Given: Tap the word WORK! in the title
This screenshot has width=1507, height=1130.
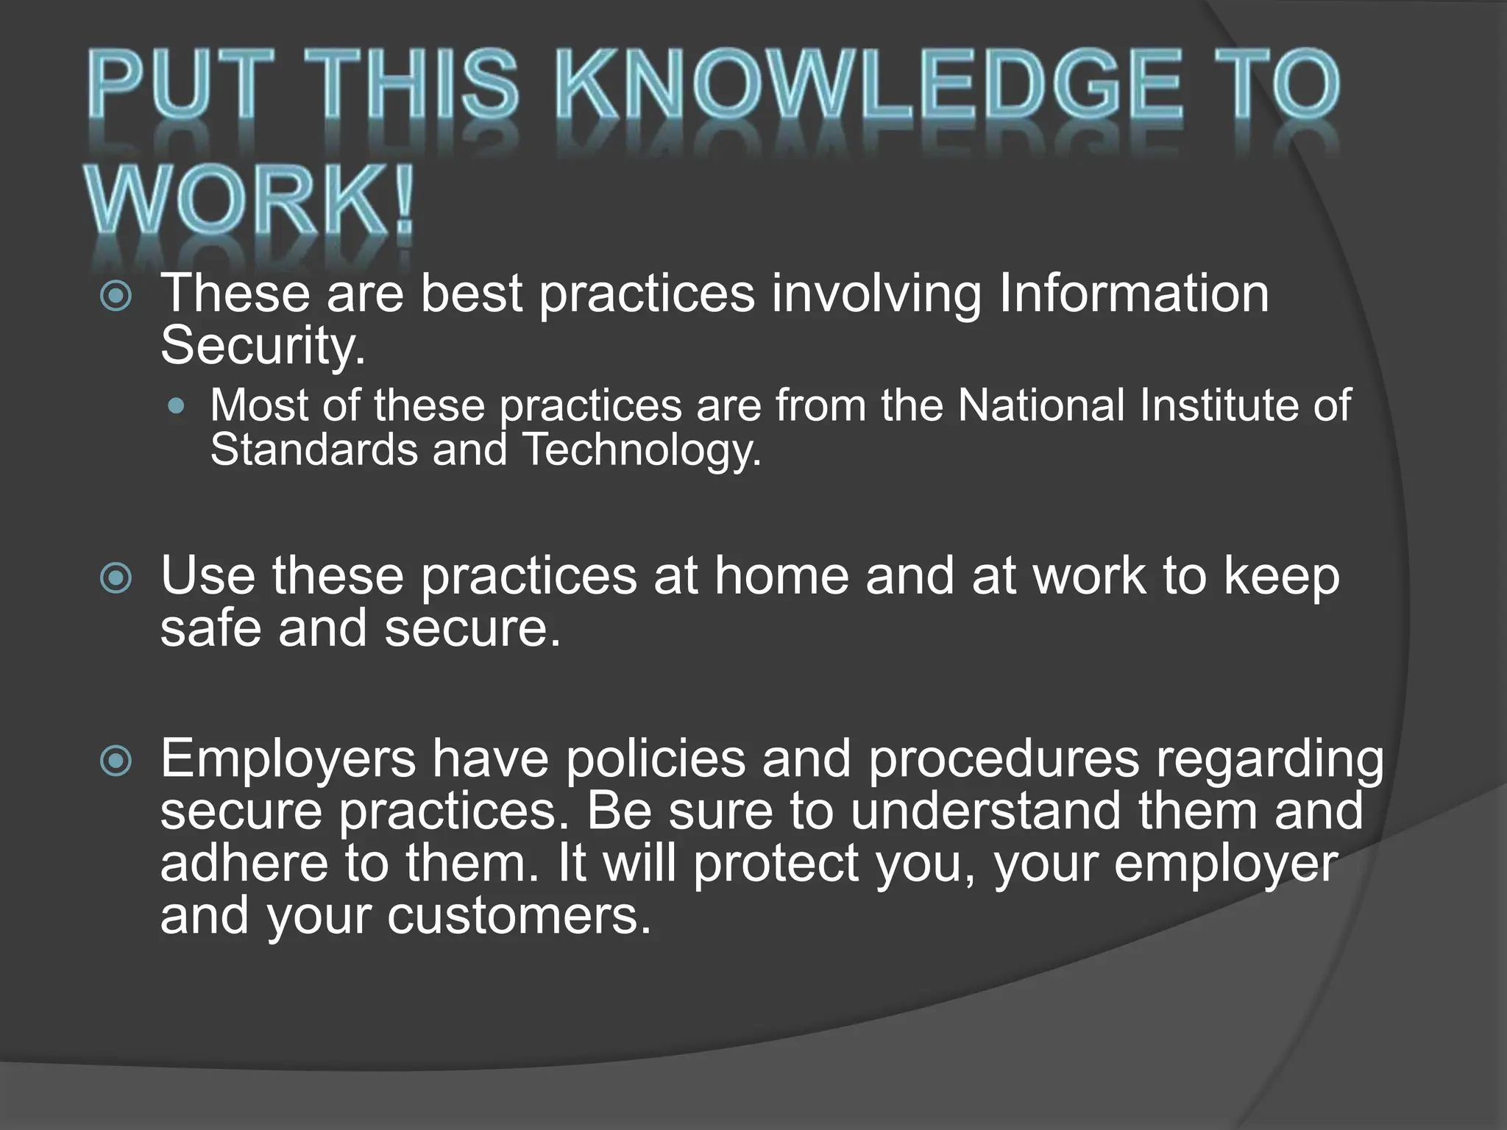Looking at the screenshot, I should coord(250,201).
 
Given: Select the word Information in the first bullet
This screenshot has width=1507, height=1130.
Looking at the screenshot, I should coord(1133,294).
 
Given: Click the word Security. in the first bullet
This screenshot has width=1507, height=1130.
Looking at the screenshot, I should coord(263,346).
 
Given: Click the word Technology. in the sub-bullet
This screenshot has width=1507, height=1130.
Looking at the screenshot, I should coord(641,449).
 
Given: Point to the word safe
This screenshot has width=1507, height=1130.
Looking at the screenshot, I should coord(210,629).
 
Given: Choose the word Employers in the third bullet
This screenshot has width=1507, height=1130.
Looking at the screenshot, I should coord(288,758).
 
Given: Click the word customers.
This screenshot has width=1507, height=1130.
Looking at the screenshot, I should coord(520,916).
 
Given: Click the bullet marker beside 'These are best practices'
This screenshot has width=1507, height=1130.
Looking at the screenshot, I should coord(116,296).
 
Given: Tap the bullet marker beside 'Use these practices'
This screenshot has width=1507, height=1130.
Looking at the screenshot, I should coord(116,578).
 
